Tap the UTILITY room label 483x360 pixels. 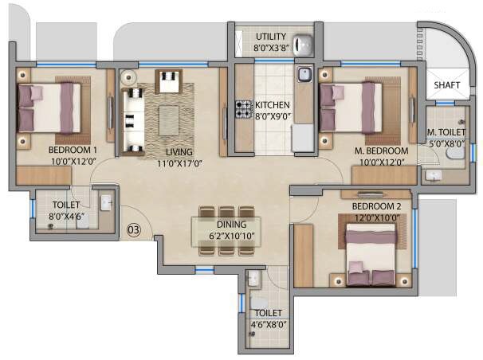tap(271, 37)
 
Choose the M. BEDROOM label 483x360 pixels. tap(382, 151)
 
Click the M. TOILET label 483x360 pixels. tap(446, 133)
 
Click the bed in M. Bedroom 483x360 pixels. tap(351, 107)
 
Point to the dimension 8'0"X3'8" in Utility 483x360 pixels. tap(271, 48)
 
